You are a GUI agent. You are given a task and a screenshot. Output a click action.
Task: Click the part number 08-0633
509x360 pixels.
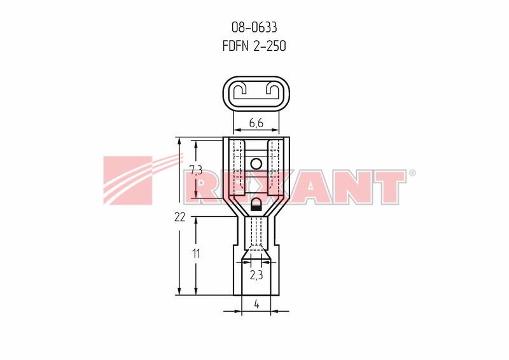[x=254, y=27]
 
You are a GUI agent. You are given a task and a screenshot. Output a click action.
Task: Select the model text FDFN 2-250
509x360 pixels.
[x=254, y=46]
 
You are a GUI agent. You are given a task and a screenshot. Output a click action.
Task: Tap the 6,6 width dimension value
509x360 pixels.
[x=256, y=123]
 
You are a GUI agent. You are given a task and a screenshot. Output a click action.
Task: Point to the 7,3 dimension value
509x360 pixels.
[x=196, y=170]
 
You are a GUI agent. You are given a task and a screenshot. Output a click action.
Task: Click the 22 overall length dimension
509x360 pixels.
[x=179, y=217]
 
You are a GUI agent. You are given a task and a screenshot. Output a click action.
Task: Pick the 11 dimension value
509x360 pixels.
[x=196, y=254]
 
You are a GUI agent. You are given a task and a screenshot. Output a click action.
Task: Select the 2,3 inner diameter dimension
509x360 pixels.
[x=256, y=275]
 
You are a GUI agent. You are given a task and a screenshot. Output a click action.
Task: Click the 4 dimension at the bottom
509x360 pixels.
[x=256, y=304]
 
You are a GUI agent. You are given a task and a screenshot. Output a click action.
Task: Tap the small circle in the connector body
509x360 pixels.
[x=256, y=164]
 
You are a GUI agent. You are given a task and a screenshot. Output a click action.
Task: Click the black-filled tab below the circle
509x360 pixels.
[x=256, y=205]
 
